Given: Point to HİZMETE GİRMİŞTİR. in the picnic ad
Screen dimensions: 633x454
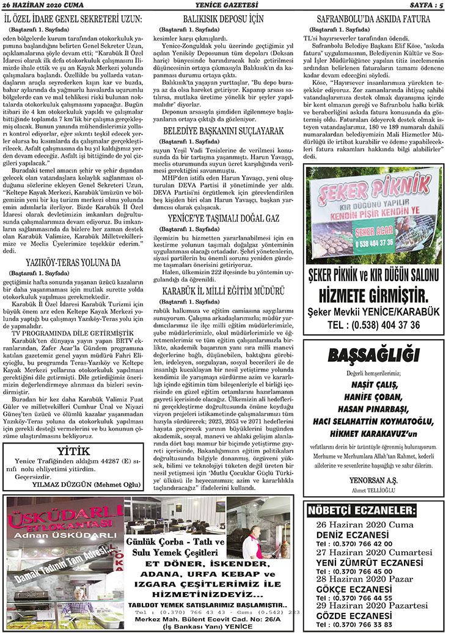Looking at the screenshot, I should pyautogui.click(x=373, y=298).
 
